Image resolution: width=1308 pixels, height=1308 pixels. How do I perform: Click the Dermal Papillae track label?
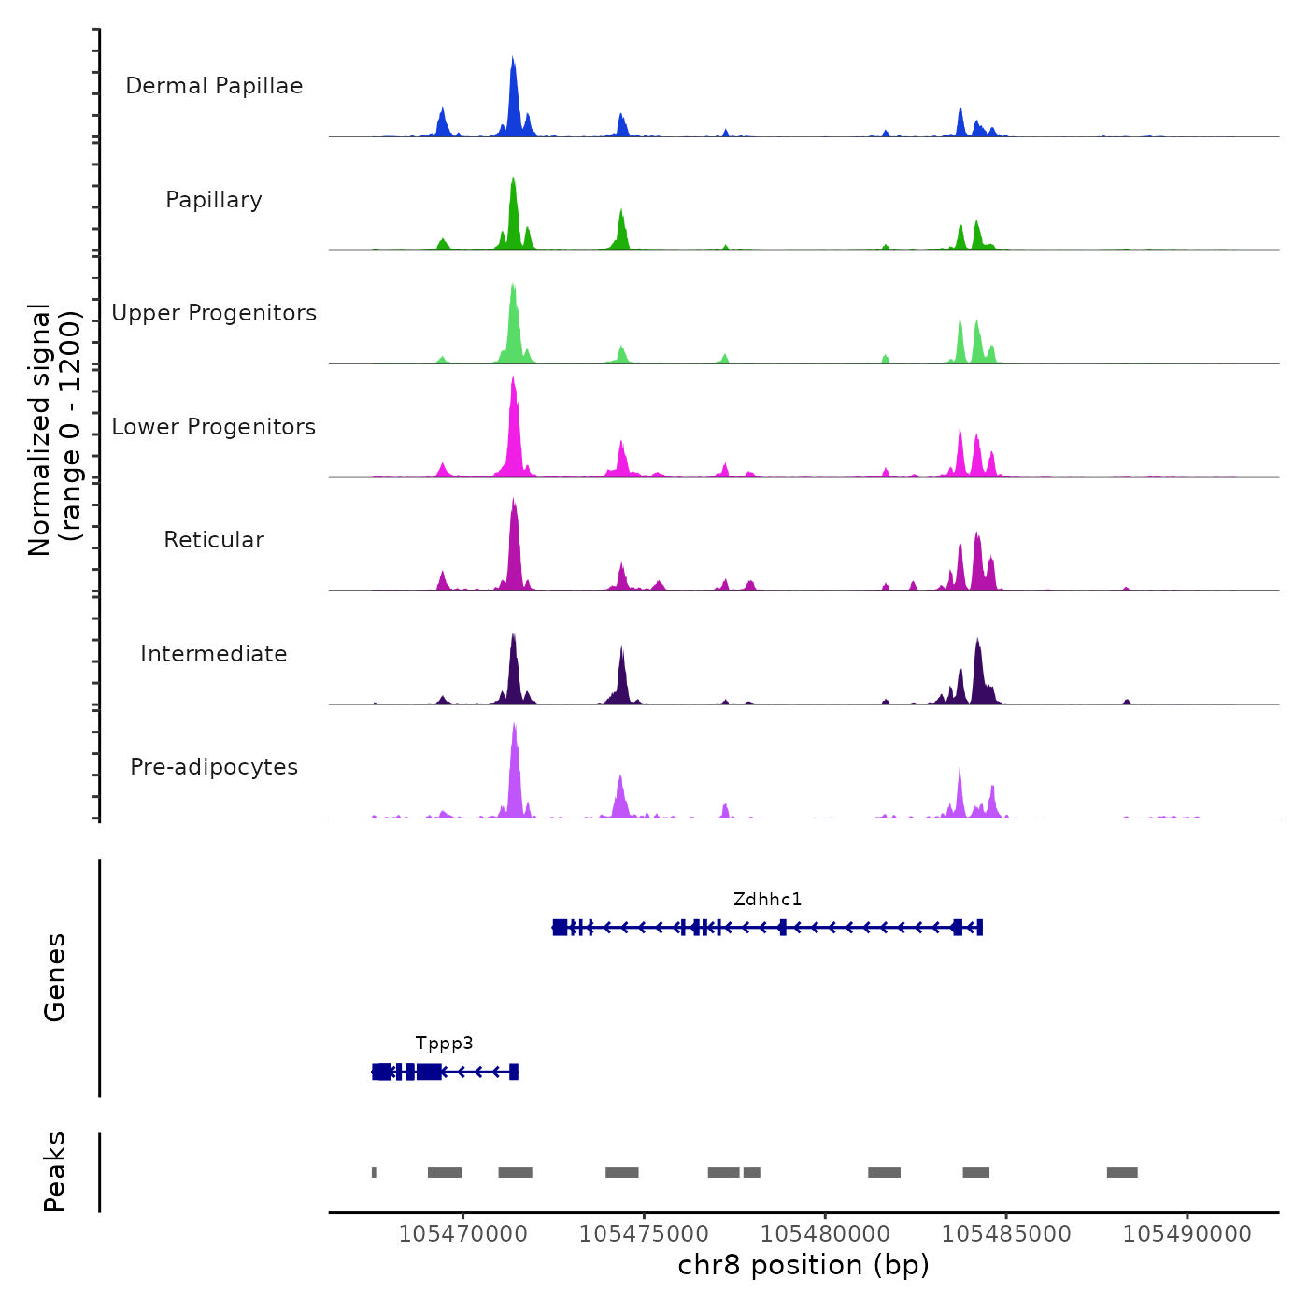point(214,86)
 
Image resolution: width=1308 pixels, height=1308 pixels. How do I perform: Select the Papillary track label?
point(214,200)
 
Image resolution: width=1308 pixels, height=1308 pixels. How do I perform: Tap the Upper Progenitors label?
point(214,313)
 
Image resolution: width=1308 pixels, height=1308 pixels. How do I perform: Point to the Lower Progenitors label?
point(214,427)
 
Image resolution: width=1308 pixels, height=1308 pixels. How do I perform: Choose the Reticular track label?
point(214,540)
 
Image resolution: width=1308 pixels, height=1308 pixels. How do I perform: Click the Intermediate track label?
point(214,654)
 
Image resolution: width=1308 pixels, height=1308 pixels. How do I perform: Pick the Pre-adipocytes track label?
point(214,767)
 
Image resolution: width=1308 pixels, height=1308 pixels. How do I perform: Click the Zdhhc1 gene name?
point(767,900)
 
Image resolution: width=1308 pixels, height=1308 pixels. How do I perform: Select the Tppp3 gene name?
point(445,1044)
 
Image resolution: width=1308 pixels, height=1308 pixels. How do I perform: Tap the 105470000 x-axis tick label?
point(462,1234)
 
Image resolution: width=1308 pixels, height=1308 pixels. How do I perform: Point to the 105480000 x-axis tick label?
point(825,1234)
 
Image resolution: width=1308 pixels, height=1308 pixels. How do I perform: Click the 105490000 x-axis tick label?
point(1187,1234)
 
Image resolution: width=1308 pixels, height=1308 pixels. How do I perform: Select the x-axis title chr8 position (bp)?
point(803,1266)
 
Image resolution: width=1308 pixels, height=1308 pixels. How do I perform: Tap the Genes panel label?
point(55,977)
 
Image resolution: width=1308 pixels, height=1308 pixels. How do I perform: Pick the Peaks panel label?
point(55,1172)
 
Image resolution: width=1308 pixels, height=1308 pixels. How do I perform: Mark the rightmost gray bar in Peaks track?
point(1122,1173)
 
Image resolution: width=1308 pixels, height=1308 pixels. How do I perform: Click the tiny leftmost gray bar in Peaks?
point(374,1173)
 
